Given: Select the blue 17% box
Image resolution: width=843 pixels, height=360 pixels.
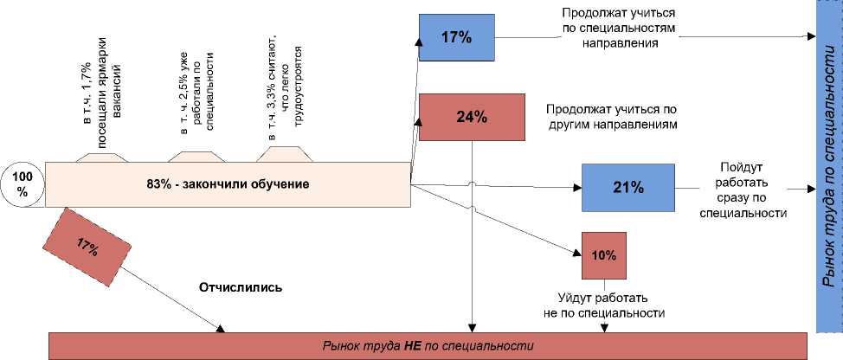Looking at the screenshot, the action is [x=455, y=38].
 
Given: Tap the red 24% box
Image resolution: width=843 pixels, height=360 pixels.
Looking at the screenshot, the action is [x=471, y=117].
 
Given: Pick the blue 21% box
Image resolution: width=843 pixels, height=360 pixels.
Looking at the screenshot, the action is [x=628, y=187].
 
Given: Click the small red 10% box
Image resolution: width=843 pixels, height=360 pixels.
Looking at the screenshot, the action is [x=604, y=255].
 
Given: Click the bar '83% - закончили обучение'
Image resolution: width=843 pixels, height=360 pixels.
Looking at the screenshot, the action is [x=228, y=184].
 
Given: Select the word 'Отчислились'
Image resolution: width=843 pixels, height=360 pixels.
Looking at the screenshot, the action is [x=241, y=286].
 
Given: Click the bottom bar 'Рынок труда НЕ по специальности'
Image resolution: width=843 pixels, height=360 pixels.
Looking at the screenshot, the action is [x=425, y=345].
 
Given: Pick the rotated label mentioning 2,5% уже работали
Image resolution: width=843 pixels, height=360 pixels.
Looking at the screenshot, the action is [x=196, y=93].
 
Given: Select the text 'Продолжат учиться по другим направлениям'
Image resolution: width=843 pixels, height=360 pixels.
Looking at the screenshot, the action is [x=611, y=117].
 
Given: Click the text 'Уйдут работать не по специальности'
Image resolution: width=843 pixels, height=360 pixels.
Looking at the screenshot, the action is [x=604, y=304].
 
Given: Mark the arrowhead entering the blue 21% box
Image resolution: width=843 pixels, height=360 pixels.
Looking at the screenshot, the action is [x=576, y=187].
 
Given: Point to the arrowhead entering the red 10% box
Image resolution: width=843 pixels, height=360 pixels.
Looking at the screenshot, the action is [x=577, y=252].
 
